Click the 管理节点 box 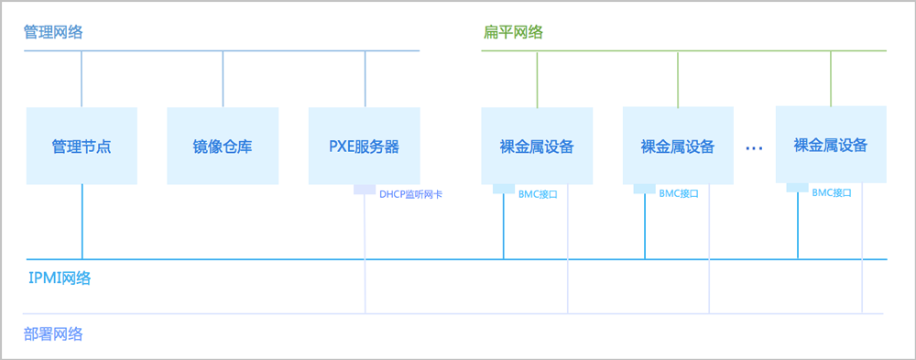pos(82,146)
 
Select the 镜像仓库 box pos(223,146)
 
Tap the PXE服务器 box pos(364,146)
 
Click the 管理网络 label pos(53,32)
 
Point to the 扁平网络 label pos(514,32)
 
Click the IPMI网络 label pos(60,278)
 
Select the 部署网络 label pos(53,334)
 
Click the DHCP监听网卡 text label pos(410,194)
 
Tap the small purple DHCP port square pos(365,190)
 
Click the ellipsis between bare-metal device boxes pos(754,148)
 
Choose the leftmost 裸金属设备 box pos(537,146)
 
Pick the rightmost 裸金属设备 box pos(831,145)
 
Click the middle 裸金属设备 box pos(678,146)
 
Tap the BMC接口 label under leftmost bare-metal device pos(538,194)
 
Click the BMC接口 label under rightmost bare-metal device pos(832,193)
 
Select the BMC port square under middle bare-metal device pos(645,189)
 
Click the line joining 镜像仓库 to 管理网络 pos(223,80)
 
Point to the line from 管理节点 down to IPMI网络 pos(82,222)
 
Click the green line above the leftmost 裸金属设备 pos(537,80)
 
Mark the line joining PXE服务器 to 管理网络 pos(365,80)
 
